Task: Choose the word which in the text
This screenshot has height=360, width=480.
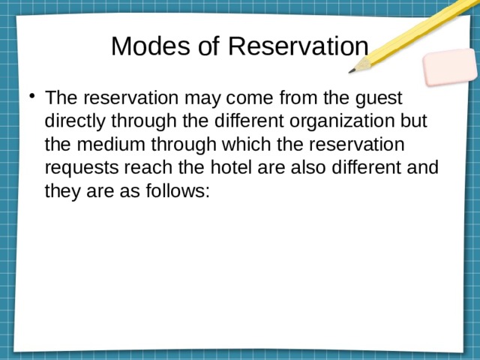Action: click(249, 145)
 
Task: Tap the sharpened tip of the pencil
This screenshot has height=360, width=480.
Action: click(352, 71)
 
